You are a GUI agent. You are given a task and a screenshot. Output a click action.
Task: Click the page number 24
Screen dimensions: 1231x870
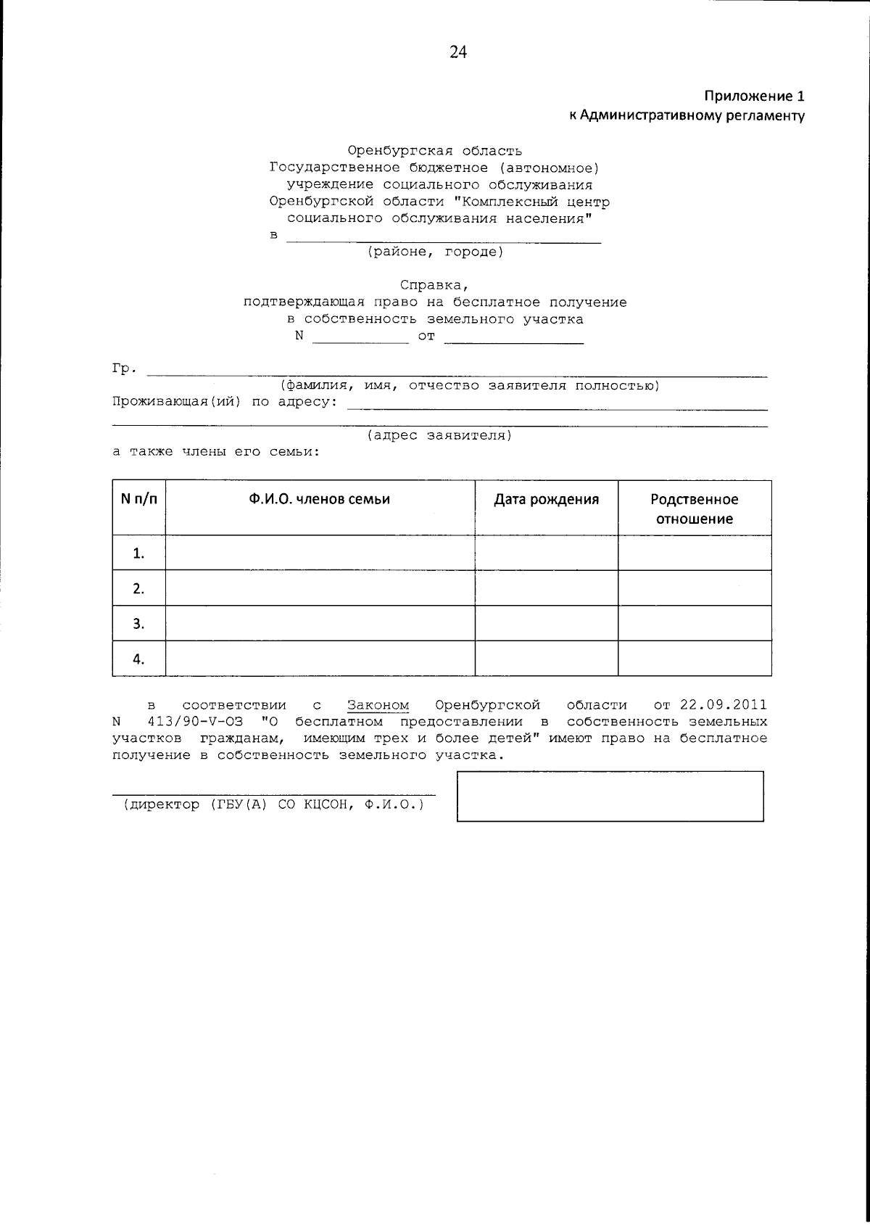pos(458,52)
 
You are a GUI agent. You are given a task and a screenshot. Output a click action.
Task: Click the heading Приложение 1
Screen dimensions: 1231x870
pos(754,96)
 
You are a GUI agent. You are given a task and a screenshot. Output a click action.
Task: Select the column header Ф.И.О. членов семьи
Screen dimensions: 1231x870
pos(320,500)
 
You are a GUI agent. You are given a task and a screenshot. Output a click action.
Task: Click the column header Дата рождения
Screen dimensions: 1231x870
pos(546,500)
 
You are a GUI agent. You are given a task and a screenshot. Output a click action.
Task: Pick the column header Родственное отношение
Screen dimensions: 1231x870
pos(694,509)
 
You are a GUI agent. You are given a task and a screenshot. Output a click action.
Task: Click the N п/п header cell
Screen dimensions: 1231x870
pos(138,500)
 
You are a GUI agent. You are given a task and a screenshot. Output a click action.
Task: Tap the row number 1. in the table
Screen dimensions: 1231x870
pos(138,554)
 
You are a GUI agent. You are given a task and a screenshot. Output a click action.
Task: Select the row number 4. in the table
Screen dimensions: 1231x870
pos(138,659)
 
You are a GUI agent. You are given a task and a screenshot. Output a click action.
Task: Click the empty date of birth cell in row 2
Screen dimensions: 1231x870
pos(546,588)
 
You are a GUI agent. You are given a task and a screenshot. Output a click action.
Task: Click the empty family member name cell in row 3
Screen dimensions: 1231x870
pos(320,623)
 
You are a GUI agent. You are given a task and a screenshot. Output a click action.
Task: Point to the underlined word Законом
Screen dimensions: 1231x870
pos(378,705)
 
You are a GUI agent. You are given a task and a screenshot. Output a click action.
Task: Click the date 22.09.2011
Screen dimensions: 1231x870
pos(723,705)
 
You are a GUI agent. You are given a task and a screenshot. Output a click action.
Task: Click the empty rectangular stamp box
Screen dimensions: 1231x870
pos(610,796)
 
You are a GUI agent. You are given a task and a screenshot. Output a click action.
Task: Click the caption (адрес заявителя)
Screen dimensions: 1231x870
pos(439,436)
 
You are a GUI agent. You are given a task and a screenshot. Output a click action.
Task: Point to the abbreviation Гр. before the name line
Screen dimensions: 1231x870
pos(125,369)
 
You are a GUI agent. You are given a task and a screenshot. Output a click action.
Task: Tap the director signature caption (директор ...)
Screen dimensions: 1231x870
pos(274,804)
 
